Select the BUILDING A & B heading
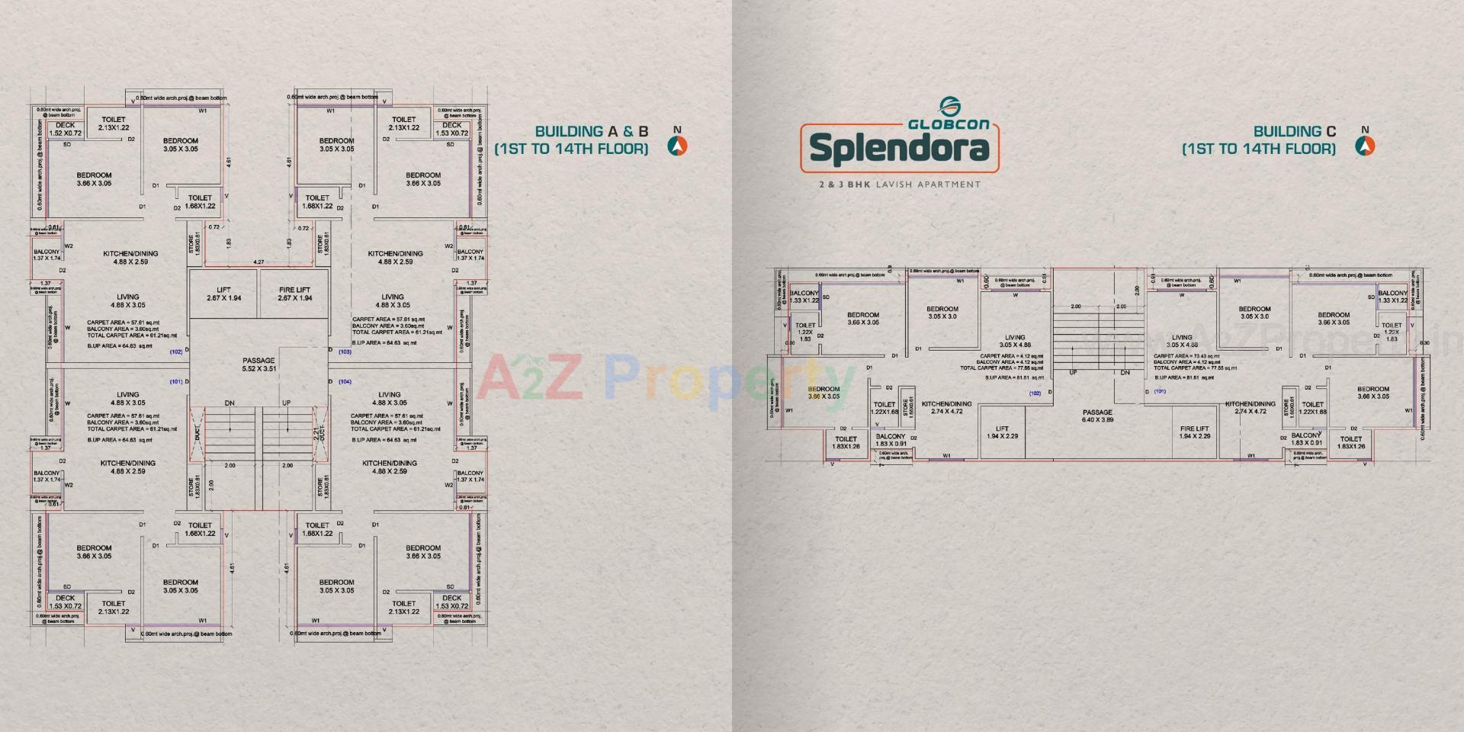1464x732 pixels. click(x=591, y=131)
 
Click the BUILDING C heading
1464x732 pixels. click(x=1294, y=131)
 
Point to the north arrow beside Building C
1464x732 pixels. click(x=1365, y=146)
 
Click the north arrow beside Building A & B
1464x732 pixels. click(x=677, y=146)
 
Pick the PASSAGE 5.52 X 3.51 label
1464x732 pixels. click(x=259, y=364)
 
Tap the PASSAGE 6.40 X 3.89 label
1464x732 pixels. click(x=1097, y=416)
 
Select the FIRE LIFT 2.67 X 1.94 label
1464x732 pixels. click(x=294, y=294)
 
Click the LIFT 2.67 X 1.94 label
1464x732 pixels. click(x=223, y=294)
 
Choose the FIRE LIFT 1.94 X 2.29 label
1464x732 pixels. click(x=1194, y=432)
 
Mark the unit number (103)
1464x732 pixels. click(x=345, y=352)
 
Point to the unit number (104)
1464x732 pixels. click(x=345, y=381)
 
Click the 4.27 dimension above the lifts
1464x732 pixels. click(x=259, y=262)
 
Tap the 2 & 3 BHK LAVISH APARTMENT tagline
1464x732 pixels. click(x=899, y=184)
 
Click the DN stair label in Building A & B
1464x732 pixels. click(x=230, y=403)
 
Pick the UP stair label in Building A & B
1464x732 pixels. click(x=287, y=403)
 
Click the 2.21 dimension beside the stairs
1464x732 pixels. click(x=317, y=434)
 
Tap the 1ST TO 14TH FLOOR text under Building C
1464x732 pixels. click(x=1259, y=149)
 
